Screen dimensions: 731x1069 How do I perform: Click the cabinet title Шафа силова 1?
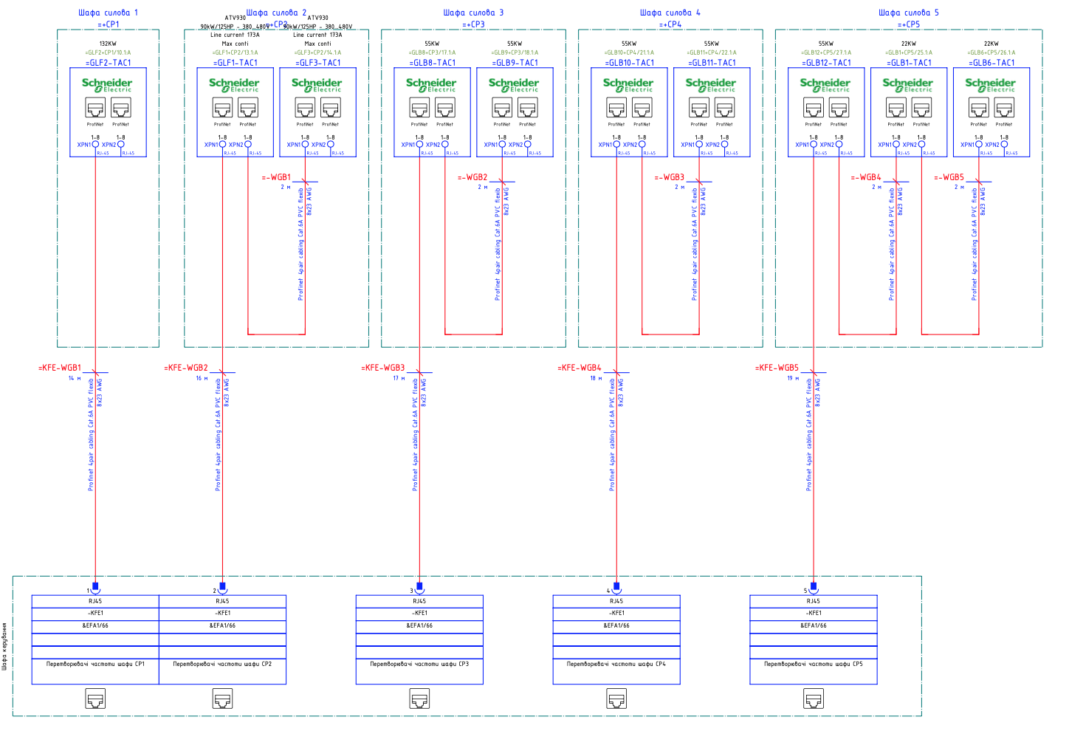point(108,13)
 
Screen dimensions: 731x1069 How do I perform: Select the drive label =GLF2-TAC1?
point(108,63)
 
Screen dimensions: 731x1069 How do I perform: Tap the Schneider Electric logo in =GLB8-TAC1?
point(431,85)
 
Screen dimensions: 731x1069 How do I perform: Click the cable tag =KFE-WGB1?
point(61,368)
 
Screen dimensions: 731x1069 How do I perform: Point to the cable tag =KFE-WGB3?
point(383,368)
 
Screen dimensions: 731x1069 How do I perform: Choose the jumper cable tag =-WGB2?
point(472,177)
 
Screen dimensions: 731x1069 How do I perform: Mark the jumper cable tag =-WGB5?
point(949,177)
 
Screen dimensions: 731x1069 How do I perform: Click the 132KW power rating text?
point(108,44)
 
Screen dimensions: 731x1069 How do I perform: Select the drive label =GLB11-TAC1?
point(712,63)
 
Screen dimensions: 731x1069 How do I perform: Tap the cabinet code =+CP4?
point(670,24)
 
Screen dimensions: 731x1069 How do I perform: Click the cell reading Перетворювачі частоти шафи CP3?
point(419,664)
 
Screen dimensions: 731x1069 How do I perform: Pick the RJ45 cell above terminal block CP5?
point(813,601)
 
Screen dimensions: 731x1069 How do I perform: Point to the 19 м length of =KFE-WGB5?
point(794,378)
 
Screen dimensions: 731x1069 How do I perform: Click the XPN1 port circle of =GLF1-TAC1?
point(222,145)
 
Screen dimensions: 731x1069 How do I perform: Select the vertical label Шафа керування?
point(4,646)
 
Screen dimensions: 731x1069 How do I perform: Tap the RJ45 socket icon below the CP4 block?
point(616,698)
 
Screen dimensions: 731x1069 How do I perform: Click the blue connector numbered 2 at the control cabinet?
point(222,588)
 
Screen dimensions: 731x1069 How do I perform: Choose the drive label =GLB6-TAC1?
point(991,63)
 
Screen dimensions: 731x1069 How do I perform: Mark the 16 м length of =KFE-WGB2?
point(202,378)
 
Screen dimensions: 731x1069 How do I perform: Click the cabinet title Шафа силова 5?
point(909,13)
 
